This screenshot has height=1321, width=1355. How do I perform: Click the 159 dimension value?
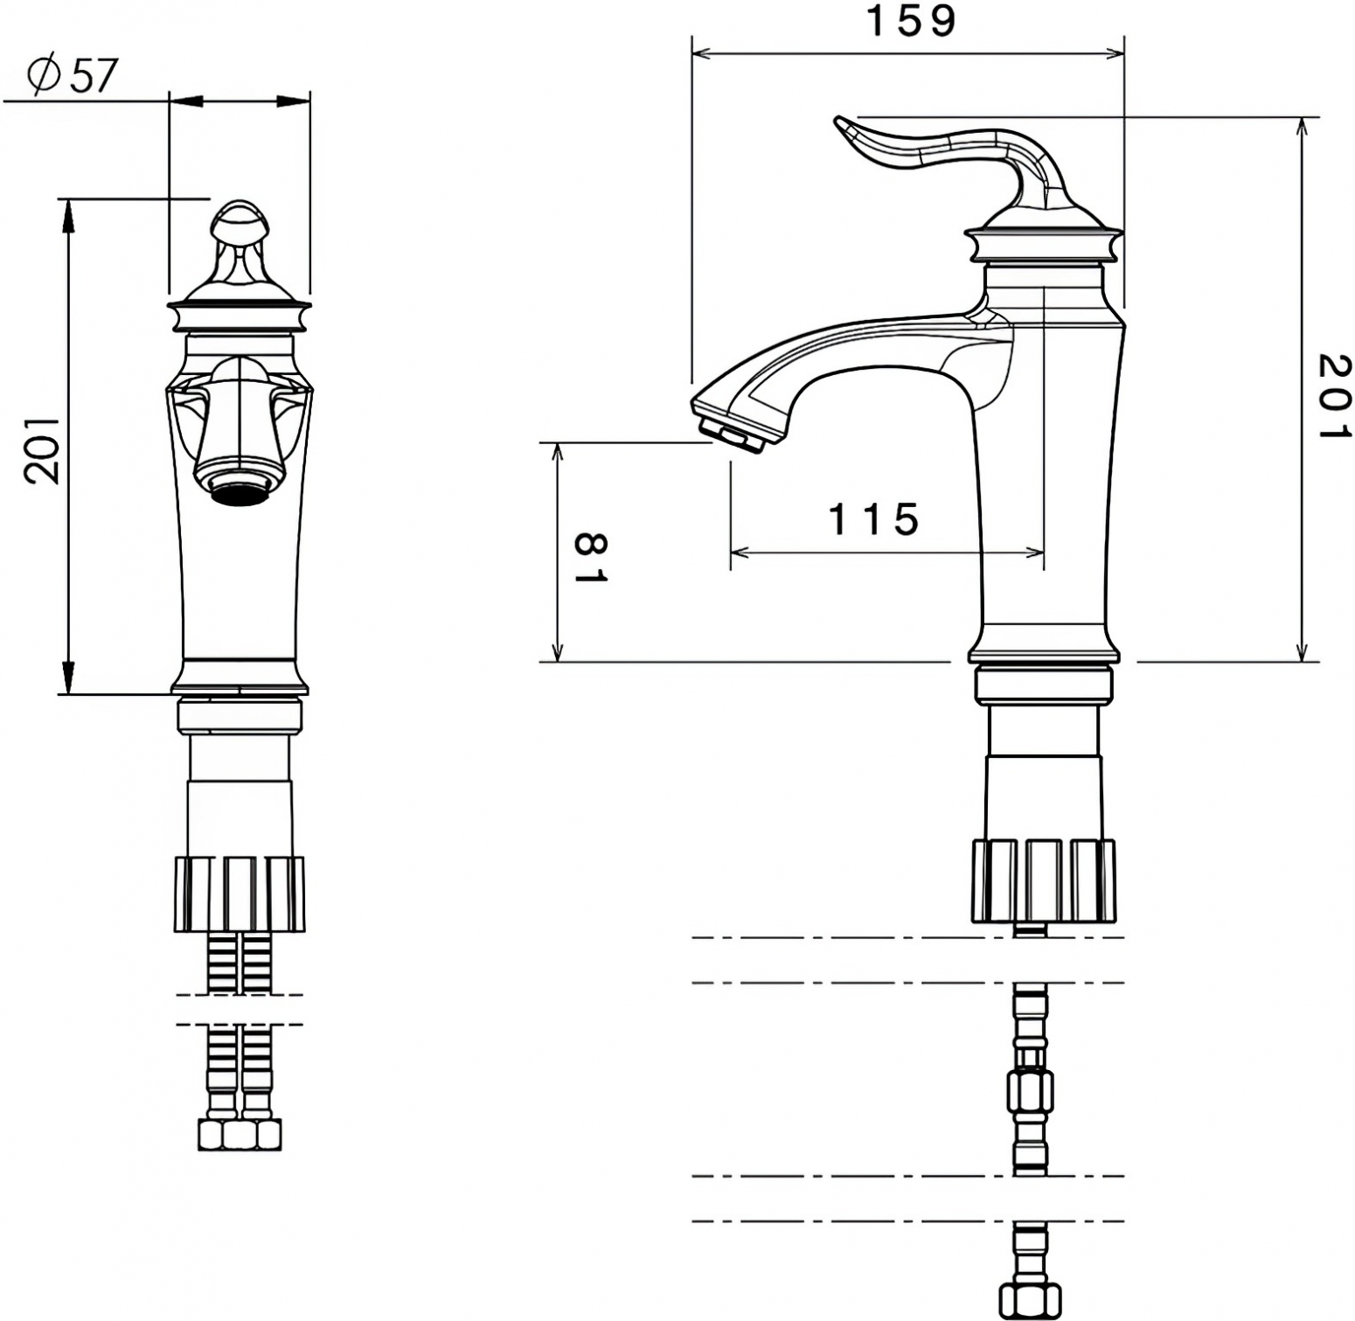pyautogui.click(x=910, y=21)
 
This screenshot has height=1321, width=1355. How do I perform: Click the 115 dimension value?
pyautogui.click(x=873, y=519)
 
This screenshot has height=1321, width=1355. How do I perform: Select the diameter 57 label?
pyautogui.click(x=71, y=75)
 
